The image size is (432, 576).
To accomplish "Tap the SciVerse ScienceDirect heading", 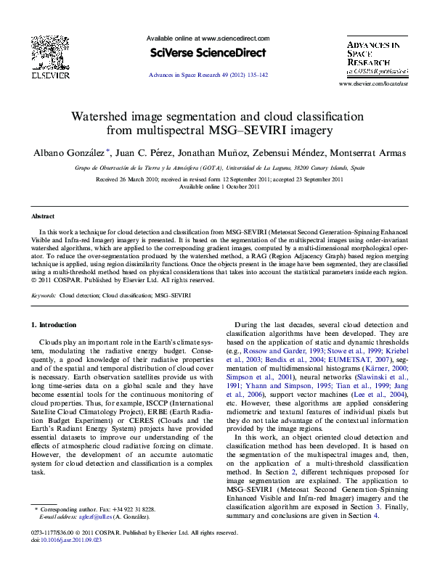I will [208, 52].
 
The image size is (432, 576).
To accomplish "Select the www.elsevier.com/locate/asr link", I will [374, 85].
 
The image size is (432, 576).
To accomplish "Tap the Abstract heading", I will [43, 216].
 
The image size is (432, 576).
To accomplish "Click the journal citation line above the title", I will [208, 75].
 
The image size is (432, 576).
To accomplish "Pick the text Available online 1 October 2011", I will [219, 186].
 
